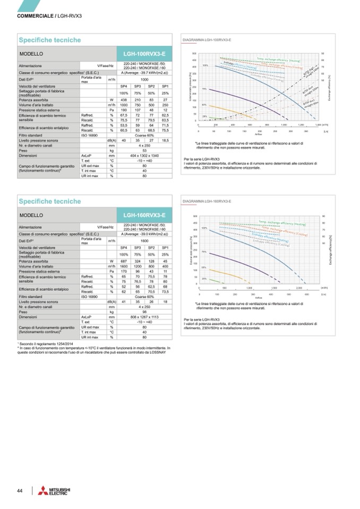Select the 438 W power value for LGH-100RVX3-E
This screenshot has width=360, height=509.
[x=123, y=100]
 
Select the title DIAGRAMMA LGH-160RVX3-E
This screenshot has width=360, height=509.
[x=202, y=202]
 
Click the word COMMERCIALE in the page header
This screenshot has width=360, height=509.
[x=35, y=16]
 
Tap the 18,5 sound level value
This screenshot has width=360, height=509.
[x=165, y=140]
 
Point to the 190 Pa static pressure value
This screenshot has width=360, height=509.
[x=123, y=110]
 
